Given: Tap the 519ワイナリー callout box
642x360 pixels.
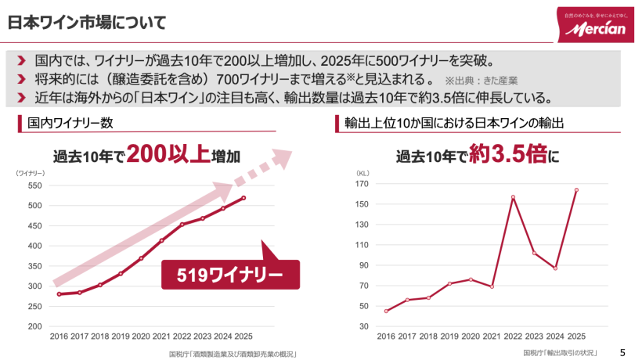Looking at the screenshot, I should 230,275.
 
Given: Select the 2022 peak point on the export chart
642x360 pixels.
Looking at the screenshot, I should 513,197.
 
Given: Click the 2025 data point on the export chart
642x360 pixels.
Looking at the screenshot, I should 576,189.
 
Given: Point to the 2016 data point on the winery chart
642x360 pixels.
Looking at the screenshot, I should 59,294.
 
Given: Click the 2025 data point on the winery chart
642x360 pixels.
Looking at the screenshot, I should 243,198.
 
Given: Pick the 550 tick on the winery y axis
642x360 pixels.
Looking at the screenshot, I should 34,185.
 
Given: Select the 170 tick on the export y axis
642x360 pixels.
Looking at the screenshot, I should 362,184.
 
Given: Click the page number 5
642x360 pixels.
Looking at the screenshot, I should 622,352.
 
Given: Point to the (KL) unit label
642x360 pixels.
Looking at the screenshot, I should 362,171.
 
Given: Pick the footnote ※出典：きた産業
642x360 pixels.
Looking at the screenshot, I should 481,80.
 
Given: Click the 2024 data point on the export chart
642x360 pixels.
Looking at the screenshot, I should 555,268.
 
